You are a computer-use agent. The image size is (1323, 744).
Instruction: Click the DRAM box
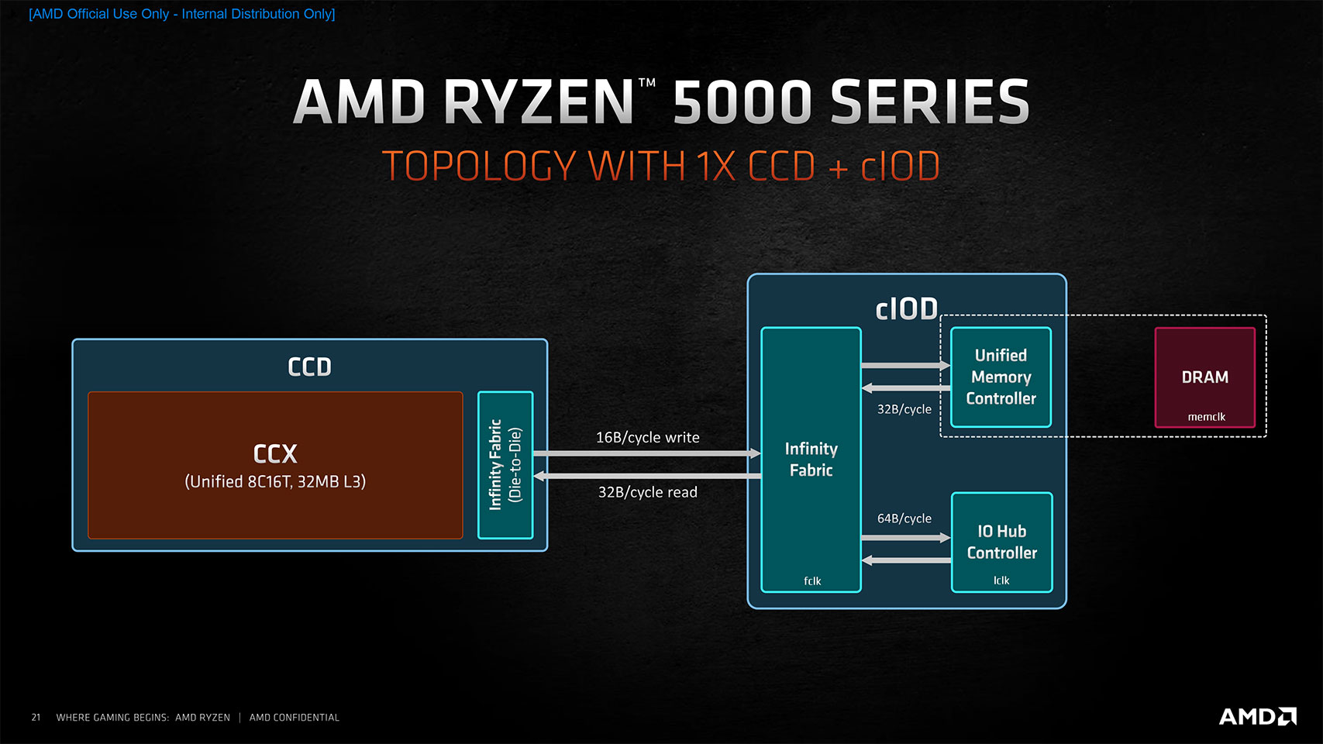[x=1204, y=377]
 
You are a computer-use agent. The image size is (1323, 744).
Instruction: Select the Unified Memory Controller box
[x=1001, y=377]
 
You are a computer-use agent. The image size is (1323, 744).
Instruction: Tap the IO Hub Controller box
[x=1001, y=542]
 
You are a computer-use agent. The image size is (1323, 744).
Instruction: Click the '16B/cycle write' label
[x=647, y=438]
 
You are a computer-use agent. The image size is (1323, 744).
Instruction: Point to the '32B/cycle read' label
[x=647, y=492]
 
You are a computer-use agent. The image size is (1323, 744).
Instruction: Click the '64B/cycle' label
[x=904, y=518]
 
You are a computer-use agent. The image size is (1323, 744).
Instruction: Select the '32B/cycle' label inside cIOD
[x=904, y=409]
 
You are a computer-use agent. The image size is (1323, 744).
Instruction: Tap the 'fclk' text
[x=811, y=581]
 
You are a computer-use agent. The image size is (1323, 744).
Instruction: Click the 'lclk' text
[x=1001, y=580]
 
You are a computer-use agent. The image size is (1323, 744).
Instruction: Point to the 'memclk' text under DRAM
[x=1206, y=417]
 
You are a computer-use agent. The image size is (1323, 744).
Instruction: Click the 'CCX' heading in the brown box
[x=275, y=453]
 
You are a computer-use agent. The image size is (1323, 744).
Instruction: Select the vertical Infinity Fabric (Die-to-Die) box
[x=505, y=465]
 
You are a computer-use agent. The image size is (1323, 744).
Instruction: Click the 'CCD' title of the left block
[x=309, y=367]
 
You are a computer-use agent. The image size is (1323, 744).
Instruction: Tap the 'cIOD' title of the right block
[x=906, y=309]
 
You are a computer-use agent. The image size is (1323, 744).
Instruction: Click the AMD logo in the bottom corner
[x=1257, y=716]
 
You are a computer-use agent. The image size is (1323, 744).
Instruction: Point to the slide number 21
[x=36, y=718]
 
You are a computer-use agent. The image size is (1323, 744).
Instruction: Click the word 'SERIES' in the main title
[x=929, y=102]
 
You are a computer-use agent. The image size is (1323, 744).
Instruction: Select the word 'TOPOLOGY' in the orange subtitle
[x=479, y=167]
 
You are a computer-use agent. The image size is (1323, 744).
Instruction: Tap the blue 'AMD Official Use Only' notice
[x=181, y=14]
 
